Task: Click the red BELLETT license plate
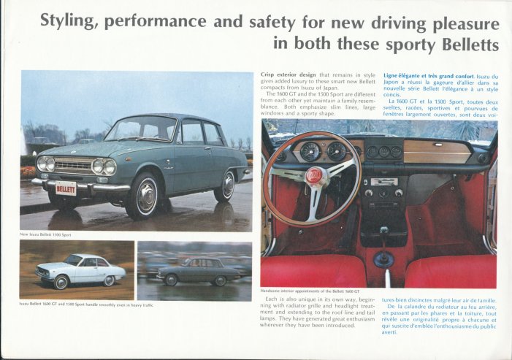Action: click(x=66, y=188)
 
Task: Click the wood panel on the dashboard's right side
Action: click(x=437, y=152)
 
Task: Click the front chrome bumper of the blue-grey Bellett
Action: click(x=80, y=185)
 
